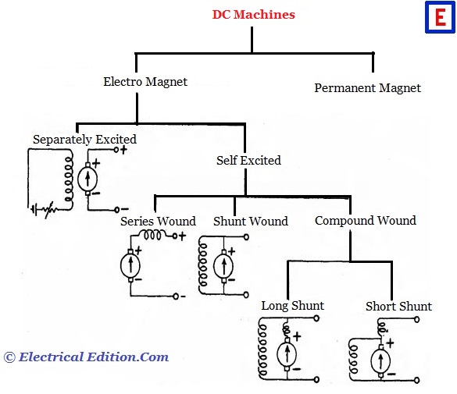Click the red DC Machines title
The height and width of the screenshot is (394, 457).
click(x=253, y=14)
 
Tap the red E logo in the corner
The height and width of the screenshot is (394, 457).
click(x=440, y=17)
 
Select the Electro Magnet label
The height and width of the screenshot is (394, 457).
click(x=145, y=82)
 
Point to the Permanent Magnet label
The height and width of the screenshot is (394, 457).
click(x=367, y=88)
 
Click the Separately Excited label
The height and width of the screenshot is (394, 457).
click(x=84, y=140)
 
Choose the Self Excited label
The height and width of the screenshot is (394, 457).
click(x=248, y=161)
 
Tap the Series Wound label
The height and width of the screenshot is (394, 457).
click(x=158, y=221)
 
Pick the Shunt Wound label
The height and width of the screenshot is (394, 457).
click(x=251, y=221)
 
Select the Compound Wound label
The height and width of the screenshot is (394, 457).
click(x=366, y=221)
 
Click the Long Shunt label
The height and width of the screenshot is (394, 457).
click(x=293, y=306)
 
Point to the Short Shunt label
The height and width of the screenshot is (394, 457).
click(x=398, y=307)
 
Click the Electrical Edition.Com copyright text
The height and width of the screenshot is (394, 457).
click(x=86, y=357)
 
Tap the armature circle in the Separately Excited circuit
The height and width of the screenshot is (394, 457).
click(x=87, y=179)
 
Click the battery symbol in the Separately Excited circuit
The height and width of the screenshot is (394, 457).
click(x=34, y=209)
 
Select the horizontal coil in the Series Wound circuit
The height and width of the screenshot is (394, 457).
click(x=153, y=235)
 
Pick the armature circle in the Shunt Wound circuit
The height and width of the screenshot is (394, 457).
click(x=223, y=266)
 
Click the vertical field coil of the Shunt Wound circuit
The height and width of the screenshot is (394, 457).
click(x=203, y=264)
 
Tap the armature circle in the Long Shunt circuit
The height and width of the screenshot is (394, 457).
click(x=287, y=355)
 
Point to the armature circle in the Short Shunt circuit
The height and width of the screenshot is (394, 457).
click(x=380, y=360)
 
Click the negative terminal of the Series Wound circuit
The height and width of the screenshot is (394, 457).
click(x=176, y=296)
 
